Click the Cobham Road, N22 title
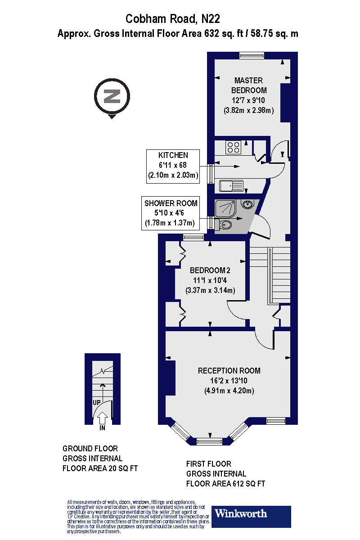(173, 19)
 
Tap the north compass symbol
(112, 96)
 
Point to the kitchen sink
(231, 185)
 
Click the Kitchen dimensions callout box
(173, 166)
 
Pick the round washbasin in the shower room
(247, 205)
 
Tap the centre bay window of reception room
(209, 441)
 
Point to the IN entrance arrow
(102, 418)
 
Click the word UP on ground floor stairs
(97, 402)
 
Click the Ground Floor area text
(99, 459)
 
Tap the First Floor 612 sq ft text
(225, 474)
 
